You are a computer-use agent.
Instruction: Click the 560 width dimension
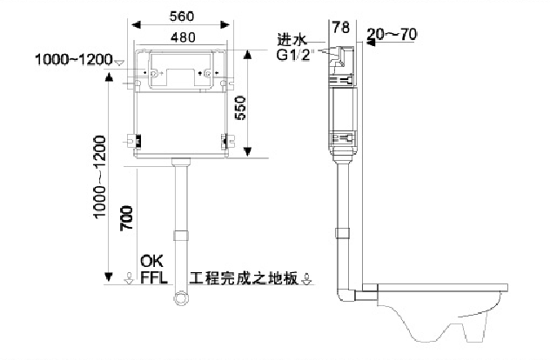point(181,17)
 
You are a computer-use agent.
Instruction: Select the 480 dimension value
point(183,37)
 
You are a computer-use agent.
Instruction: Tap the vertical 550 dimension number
point(240,108)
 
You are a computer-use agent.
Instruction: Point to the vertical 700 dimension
point(126,217)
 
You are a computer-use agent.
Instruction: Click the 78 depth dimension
point(341,28)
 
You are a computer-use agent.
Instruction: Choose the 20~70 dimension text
point(392,35)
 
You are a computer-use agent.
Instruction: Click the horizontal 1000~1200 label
point(74,59)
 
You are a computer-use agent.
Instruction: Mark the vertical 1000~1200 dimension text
point(99,177)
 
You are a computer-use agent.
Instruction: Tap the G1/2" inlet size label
point(294,55)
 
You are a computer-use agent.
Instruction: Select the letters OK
point(152,261)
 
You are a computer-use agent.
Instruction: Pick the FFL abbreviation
point(154,278)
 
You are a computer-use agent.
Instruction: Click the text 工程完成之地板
point(244,278)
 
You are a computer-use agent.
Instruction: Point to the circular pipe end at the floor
point(181,298)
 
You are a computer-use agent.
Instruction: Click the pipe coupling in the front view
point(181,235)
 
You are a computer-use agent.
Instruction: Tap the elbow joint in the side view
point(346,294)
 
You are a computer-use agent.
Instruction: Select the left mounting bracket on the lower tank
point(135,141)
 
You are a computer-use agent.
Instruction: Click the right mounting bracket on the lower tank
point(227,141)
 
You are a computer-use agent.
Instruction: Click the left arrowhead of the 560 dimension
point(136,25)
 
